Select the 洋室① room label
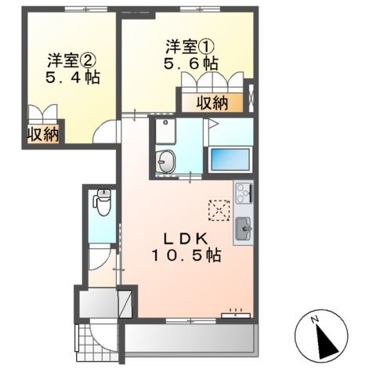[x=187, y=44]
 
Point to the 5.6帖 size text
[x=187, y=63]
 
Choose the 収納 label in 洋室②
[x=44, y=134]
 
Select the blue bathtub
[x=230, y=159]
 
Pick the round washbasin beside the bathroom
[x=167, y=162]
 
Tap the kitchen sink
[x=243, y=230]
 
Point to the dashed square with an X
[x=217, y=208]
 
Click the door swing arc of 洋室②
[x=103, y=134]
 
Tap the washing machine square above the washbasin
[x=164, y=132]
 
